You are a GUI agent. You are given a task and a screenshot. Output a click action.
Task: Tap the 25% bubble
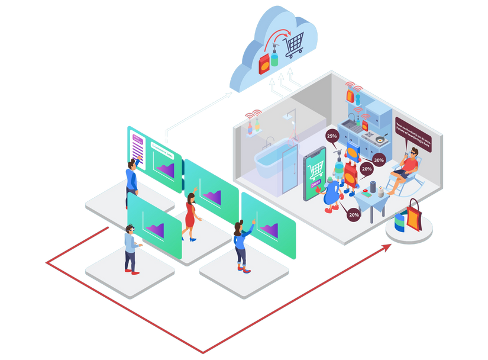[332, 136]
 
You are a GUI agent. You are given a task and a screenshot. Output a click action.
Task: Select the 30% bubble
[379, 160]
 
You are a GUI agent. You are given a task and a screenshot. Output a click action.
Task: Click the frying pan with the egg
[379, 141]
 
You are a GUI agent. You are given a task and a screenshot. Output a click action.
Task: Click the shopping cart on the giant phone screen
[315, 171]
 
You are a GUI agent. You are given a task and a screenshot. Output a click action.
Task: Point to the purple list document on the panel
[137, 147]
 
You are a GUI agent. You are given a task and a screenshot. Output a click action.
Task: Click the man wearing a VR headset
[131, 249]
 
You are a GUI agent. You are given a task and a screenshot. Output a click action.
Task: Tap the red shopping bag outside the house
[414, 216]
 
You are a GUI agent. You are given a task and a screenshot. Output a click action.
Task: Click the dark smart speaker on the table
[365, 193]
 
